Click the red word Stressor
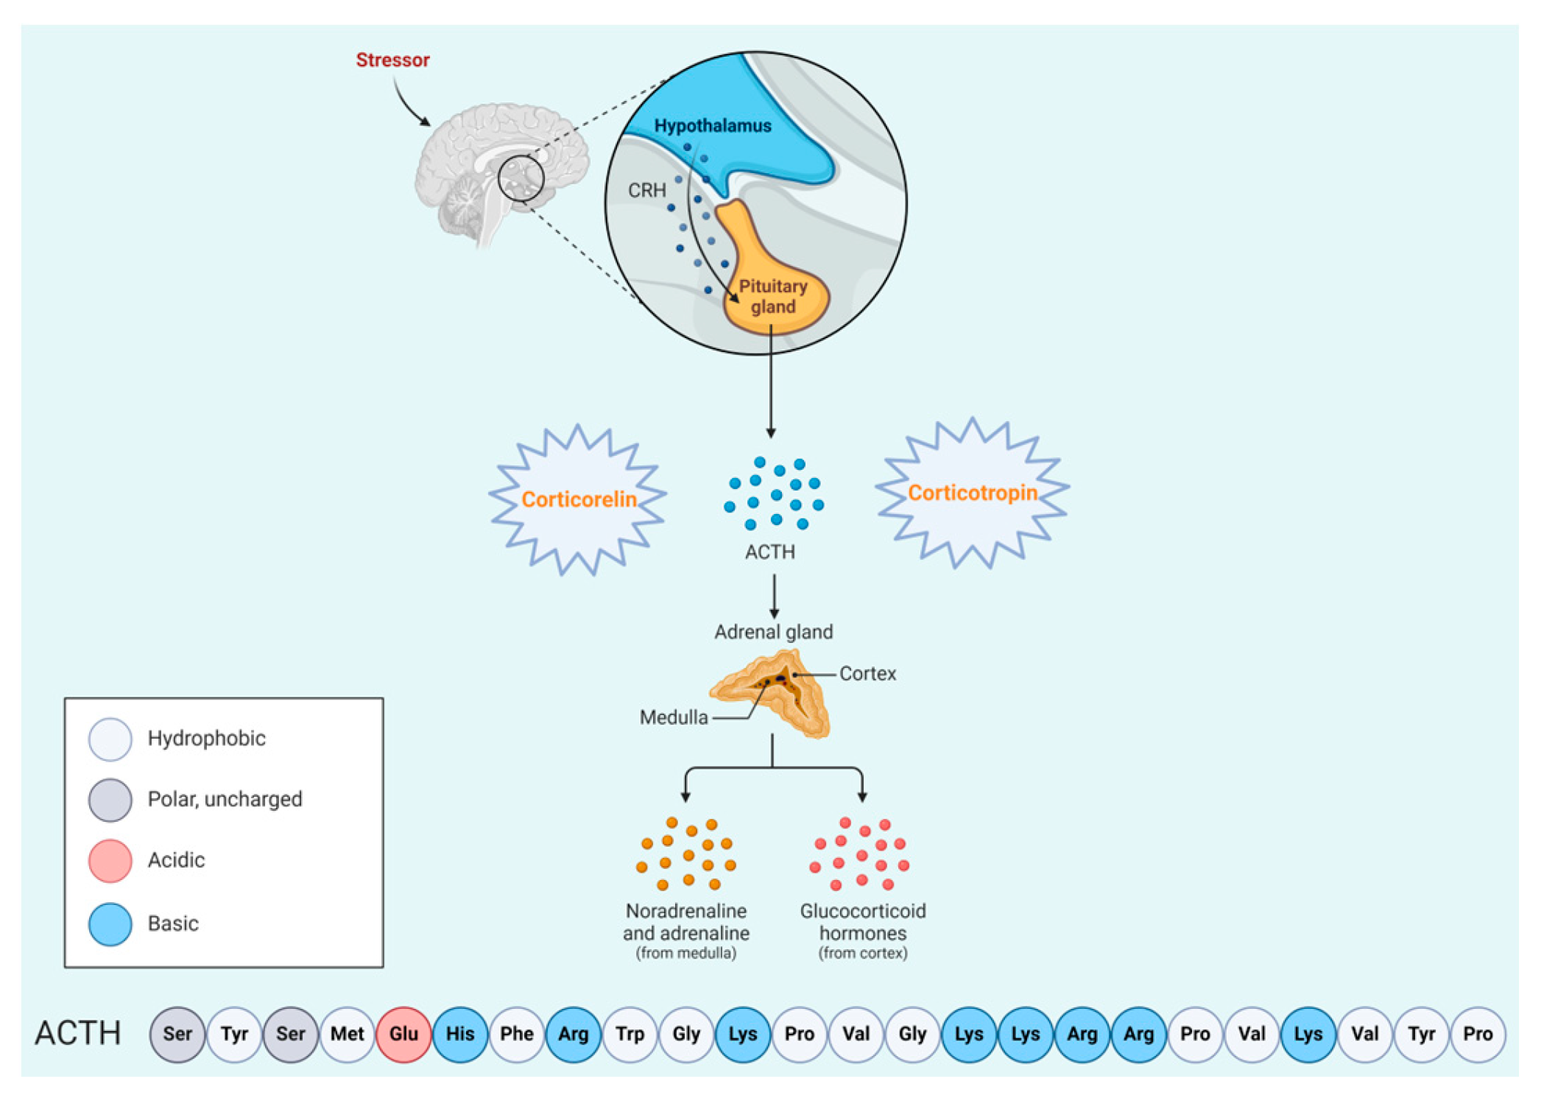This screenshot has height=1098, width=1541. [392, 60]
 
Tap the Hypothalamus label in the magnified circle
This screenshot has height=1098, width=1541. [712, 126]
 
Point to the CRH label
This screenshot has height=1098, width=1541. [646, 191]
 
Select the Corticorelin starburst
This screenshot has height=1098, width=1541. [579, 499]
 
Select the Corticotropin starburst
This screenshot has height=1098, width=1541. [973, 493]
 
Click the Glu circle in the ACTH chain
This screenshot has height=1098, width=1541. [403, 1034]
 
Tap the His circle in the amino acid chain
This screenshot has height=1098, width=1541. [460, 1034]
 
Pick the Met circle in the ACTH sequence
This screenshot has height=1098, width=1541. [347, 1034]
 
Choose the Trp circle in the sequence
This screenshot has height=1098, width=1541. [630, 1034]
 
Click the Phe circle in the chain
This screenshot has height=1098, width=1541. [517, 1034]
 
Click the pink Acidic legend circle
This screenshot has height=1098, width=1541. [110, 860]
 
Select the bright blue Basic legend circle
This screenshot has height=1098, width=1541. [110, 923]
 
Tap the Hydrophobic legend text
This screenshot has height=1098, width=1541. [206, 738]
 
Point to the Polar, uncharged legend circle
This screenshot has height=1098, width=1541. [110, 799]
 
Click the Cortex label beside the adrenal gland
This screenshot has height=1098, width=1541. [867, 673]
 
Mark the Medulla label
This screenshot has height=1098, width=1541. [674, 717]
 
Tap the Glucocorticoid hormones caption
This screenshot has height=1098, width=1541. [862, 922]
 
